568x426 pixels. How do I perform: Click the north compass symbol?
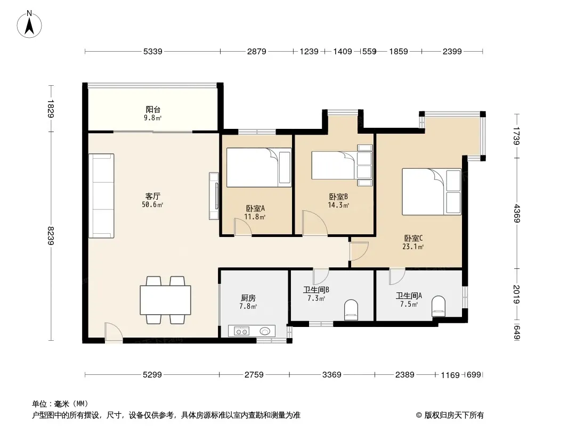click(x=30, y=23)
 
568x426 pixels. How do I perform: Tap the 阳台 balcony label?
click(x=153, y=110)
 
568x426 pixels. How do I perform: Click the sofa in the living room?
click(x=101, y=195)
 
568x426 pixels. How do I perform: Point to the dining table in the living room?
click(x=165, y=300)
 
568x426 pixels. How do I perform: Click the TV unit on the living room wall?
click(x=214, y=196)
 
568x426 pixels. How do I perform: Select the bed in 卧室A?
click(x=259, y=167)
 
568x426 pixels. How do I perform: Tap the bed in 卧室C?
click(x=432, y=192)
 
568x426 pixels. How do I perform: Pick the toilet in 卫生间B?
click(x=351, y=310)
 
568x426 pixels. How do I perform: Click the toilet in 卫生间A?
click(x=439, y=306)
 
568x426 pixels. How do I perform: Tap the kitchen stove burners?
click(x=241, y=331)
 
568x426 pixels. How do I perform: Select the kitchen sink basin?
click(x=265, y=331)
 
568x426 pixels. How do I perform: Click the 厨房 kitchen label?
click(x=248, y=298)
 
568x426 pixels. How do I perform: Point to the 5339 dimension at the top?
click(x=152, y=52)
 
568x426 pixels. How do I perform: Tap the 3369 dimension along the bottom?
click(x=332, y=375)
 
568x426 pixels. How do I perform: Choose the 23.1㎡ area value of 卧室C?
click(x=413, y=247)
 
